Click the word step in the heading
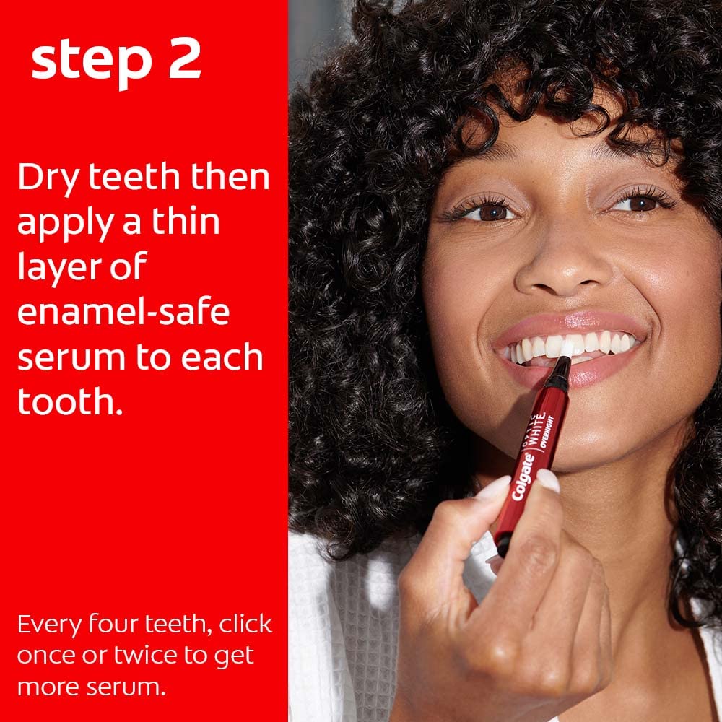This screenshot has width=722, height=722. point(91,63)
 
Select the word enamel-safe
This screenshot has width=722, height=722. point(123,311)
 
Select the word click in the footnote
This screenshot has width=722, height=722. point(245,624)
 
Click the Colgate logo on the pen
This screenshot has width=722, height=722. point(523,476)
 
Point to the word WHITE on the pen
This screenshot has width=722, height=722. point(536,430)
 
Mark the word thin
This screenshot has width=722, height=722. point(186,222)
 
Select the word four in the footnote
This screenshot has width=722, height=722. point(113,624)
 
